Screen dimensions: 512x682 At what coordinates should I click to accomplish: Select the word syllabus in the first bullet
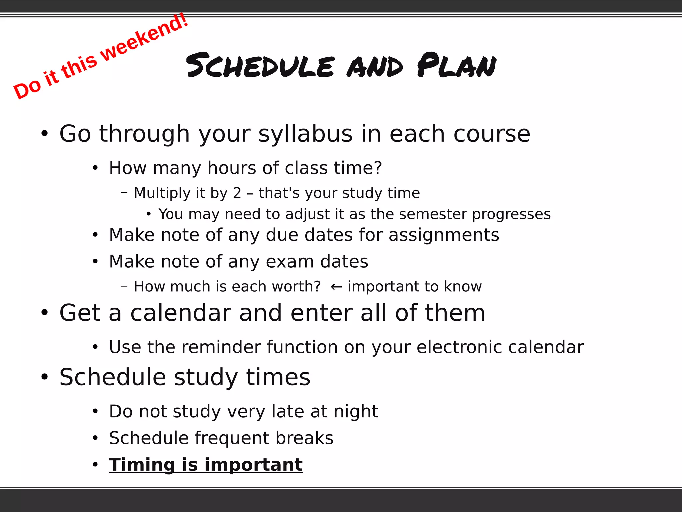305,134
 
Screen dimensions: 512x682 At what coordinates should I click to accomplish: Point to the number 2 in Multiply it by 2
237,193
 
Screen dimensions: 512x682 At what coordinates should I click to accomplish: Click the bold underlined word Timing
142,465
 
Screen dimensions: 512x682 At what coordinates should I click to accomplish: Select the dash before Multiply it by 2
124,192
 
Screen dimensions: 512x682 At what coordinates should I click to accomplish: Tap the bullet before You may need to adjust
149,214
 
